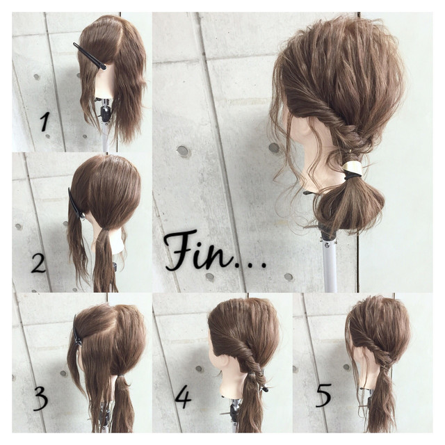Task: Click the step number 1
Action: pos(45,122)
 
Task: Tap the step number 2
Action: pos(39,264)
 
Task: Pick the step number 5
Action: pos(323,395)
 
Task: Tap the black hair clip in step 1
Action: pos(90,56)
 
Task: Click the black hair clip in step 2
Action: pos(76,204)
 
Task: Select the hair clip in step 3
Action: pos(76,331)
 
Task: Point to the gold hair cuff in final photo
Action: pos(353,168)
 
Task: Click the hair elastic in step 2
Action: pos(106,228)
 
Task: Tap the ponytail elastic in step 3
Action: pos(121,376)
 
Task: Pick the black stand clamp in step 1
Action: pos(104,113)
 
